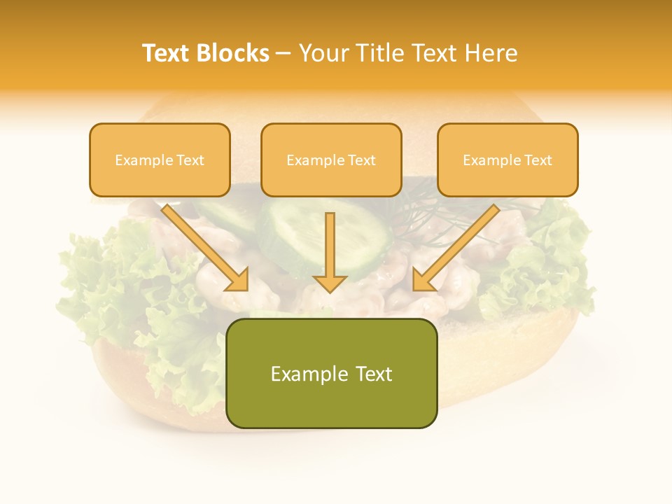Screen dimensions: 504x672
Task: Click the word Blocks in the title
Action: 234,53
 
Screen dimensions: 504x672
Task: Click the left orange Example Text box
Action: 160,160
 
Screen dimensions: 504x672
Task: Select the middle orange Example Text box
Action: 331,160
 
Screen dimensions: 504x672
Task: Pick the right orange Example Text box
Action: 507,160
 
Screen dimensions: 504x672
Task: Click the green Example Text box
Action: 331,374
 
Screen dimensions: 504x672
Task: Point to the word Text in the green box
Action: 374,374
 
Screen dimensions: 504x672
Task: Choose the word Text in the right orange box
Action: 538,160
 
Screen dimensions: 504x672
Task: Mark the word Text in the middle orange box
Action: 362,160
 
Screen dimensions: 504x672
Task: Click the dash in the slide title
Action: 283,53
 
